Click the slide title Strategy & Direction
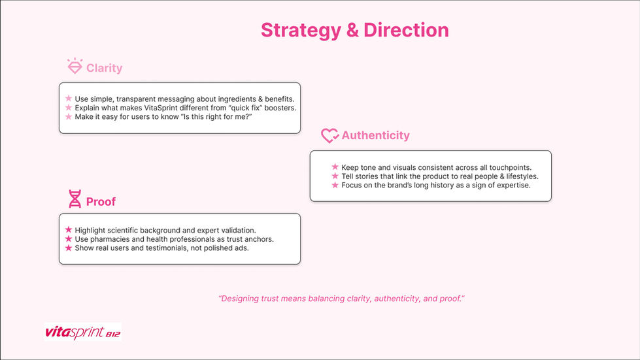[x=354, y=30]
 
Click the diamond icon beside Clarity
[x=75, y=67]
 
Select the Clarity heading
[x=104, y=68]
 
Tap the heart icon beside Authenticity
[x=329, y=135]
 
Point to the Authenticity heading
[x=375, y=135]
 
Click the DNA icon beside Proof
[x=75, y=200]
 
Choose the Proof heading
[x=101, y=201]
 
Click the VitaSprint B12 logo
[x=83, y=332]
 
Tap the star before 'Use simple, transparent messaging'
[x=68, y=99]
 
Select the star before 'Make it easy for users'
[x=68, y=116]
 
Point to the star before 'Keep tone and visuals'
[x=335, y=167]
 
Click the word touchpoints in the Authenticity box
[x=509, y=168]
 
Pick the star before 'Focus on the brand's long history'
[x=335, y=185]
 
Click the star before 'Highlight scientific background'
[x=68, y=230]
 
